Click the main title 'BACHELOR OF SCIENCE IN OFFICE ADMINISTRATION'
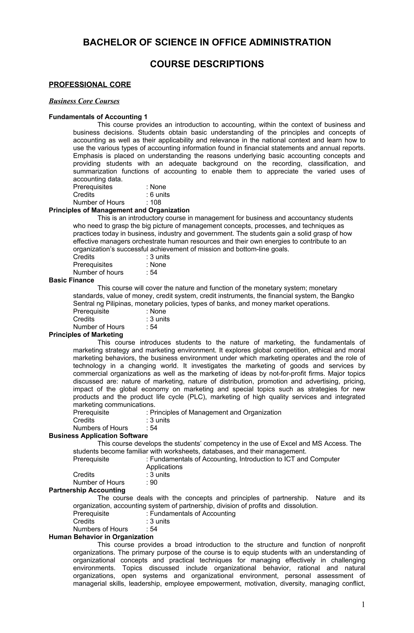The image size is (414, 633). (207, 42)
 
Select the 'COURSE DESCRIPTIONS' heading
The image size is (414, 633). (207, 64)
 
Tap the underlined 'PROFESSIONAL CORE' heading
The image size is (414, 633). (90, 84)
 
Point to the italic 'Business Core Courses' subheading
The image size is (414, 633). (84, 101)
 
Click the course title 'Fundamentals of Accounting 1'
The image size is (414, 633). (98, 117)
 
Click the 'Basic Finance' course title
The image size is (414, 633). (71, 280)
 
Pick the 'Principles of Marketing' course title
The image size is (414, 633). (86, 334)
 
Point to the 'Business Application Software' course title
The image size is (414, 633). (98, 436)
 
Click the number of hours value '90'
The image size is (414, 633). (153, 482)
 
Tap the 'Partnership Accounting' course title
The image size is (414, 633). (87, 490)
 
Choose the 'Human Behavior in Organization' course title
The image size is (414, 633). (101, 537)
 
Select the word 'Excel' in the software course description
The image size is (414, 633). (289, 444)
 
